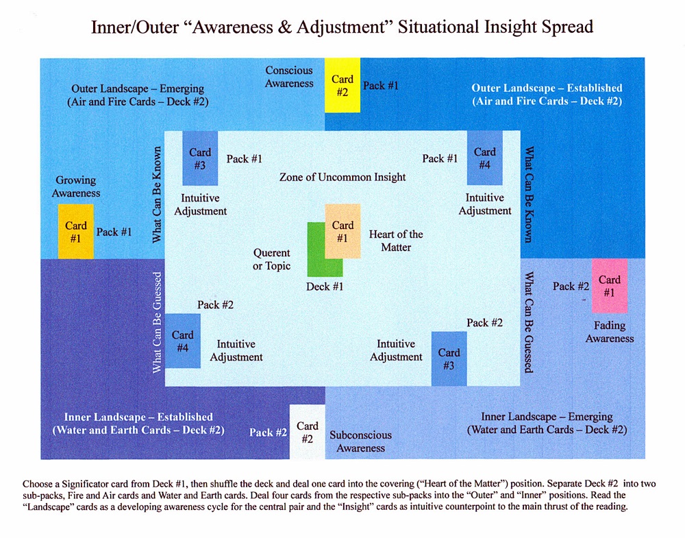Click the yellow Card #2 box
[342, 86]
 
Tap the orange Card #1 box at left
[76, 232]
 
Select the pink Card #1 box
[609, 286]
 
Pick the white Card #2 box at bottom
[307, 432]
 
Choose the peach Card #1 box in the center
[342, 231]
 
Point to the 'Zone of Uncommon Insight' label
[342, 177]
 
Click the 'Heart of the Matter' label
[396, 240]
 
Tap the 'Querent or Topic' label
[271, 259]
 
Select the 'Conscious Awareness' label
[289, 76]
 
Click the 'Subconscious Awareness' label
[361, 441]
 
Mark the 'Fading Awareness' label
[610, 332]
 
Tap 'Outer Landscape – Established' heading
[547, 88]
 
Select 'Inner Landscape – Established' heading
[138, 417]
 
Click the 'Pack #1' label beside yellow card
[380, 86]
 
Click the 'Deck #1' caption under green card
[325, 286]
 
